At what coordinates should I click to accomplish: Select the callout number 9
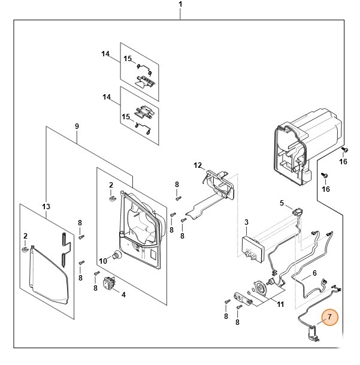[x=77, y=126]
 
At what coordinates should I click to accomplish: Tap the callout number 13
[x=46, y=207]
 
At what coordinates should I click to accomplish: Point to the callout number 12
[x=198, y=165]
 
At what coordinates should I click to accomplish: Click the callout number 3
[x=246, y=224]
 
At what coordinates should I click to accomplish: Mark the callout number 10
[x=102, y=261]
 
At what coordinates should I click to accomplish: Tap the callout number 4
[x=123, y=294]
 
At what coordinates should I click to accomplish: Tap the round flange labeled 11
[x=261, y=288]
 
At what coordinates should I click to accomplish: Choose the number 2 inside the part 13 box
[x=25, y=236]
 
